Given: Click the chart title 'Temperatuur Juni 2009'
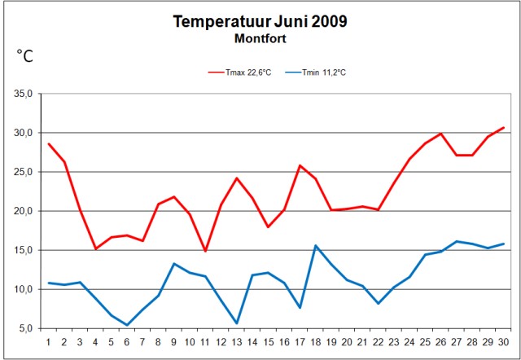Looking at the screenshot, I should (x=260, y=21).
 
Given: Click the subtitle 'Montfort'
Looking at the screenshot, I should (x=260, y=37).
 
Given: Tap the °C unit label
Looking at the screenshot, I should (x=25, y=56).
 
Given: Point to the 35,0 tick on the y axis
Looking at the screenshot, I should (x=23, y=94).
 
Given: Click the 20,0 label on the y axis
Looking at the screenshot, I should (x=23, y=211).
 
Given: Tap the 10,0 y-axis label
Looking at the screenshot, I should (x=23, y=289).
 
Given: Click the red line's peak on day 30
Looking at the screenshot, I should (x=504, y=128).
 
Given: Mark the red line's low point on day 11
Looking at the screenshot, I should (x=206, y=251).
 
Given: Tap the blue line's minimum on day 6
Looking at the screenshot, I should (x=127, y=325).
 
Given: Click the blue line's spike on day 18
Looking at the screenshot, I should (x=316, y=245).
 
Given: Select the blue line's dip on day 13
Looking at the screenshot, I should (x=237, y=323).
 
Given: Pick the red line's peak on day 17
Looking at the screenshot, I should (x=300, y=165).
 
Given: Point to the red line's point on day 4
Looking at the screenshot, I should (x=96, y=248).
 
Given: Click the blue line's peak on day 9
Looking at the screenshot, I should (x=174, y=263).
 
